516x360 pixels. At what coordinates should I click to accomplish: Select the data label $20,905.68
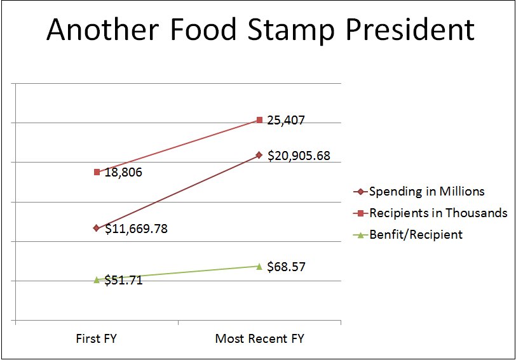point(299,155)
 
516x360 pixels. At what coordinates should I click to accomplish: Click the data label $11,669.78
point(136,229)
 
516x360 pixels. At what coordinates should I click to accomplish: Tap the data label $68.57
point(287,267)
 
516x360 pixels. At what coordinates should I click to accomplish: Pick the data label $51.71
point(123,280)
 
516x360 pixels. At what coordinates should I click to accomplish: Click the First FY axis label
point(97,338)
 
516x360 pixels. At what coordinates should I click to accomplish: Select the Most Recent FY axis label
point(259,338)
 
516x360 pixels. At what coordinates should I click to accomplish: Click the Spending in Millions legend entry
point(426,191)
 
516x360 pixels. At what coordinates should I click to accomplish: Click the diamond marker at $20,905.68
point(259,155)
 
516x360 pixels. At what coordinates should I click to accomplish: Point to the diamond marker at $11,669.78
point(97,228)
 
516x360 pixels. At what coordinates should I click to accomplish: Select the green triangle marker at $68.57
point(259,266)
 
